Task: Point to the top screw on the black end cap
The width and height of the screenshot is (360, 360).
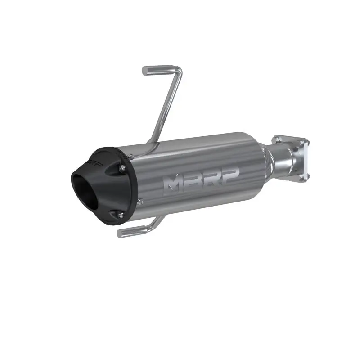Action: point(122,168)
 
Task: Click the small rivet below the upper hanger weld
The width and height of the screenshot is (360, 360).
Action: point(130,156)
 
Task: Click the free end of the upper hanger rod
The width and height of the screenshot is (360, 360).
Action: point(145,71)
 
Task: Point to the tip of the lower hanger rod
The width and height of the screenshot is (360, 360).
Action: point(120,234)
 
